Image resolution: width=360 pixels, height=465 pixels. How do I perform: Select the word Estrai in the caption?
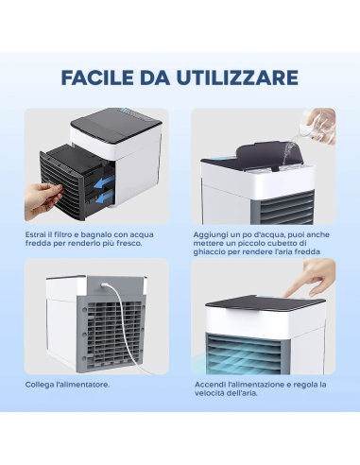coord(36,233)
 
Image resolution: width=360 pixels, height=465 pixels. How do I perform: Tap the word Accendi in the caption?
coord(209,385)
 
